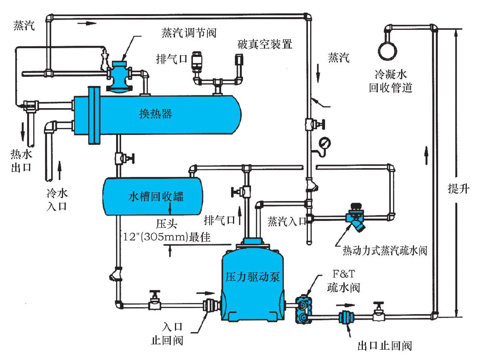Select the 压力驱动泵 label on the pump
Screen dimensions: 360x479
[253, 277]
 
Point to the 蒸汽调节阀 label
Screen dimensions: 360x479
[189, 33]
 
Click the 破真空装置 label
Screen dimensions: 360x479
[265, 44]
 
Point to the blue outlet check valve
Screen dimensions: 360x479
[345, 318]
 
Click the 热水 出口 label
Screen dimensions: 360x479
[21, 161]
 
